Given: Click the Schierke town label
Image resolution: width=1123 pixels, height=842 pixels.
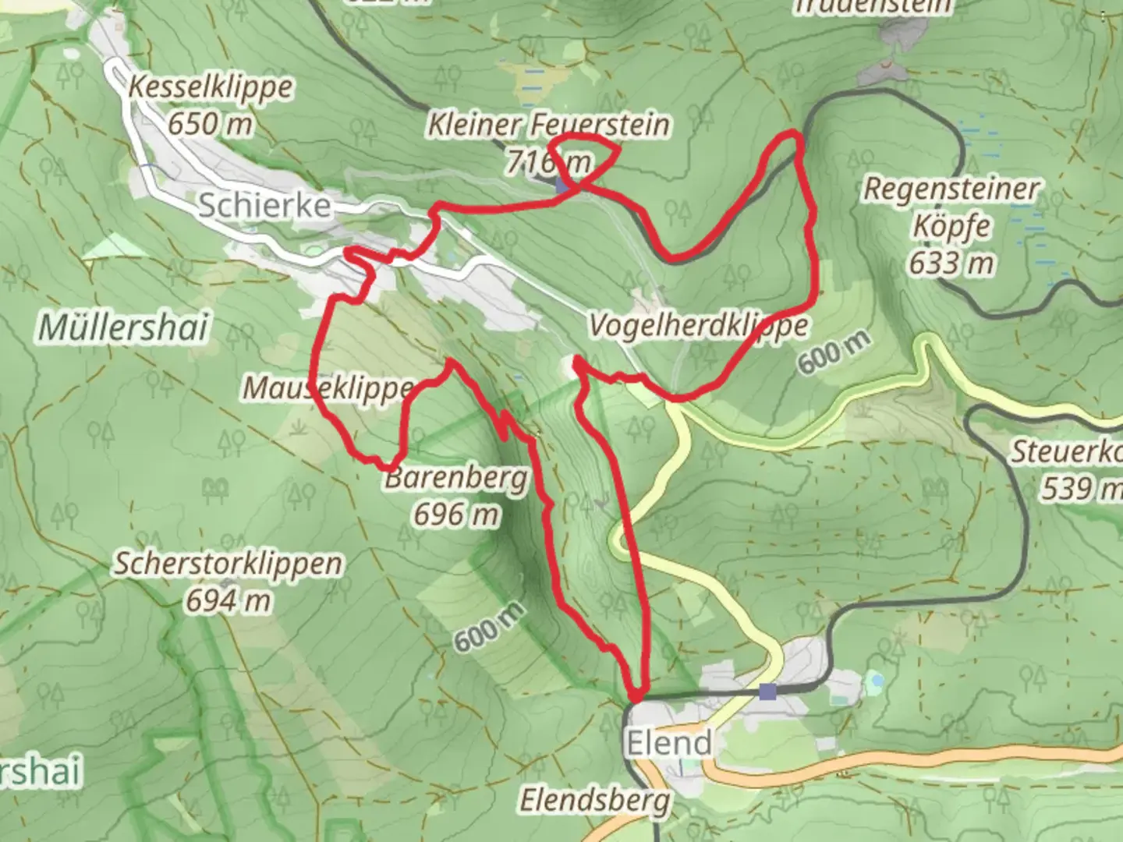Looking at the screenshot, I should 264,206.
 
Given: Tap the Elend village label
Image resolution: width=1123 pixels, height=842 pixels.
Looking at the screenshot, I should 669,742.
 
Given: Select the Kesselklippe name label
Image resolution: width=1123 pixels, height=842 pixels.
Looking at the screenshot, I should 211,87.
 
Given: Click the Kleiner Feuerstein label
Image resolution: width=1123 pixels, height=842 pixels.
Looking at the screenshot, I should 548,125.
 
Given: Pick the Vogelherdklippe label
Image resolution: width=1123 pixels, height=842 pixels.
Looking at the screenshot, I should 698,325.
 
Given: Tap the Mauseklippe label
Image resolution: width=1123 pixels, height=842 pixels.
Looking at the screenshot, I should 328,387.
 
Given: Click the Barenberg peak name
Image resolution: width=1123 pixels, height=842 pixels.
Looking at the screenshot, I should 456,477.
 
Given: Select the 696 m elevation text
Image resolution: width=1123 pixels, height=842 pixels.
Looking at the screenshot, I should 456,514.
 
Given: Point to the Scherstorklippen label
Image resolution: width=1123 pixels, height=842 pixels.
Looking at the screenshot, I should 228,564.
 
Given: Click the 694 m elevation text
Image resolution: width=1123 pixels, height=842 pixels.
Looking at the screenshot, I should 228,600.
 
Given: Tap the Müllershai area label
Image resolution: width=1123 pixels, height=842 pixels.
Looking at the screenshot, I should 123,327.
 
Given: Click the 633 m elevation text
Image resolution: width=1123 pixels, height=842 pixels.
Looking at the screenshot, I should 951,263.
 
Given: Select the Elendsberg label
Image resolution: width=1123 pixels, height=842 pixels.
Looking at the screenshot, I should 595,800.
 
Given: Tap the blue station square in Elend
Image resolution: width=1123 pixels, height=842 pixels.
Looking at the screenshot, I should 768,691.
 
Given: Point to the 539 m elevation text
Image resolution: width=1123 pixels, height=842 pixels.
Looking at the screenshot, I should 1080,489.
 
